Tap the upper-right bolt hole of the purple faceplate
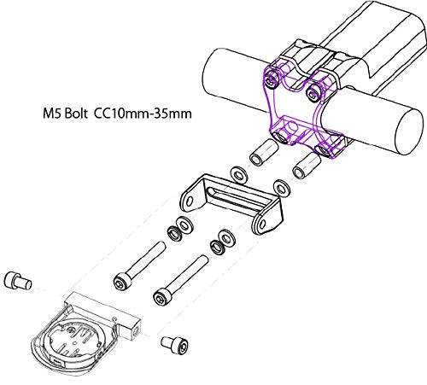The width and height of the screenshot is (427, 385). [317, 88]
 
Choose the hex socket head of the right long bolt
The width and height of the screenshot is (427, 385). [159, 297]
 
